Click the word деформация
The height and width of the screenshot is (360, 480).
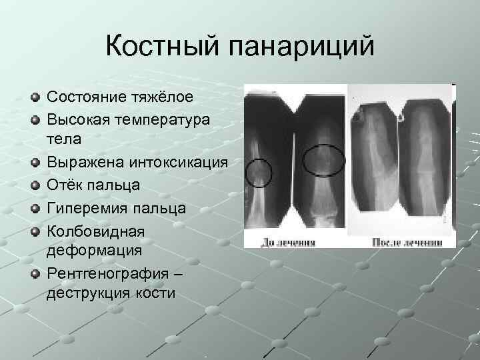pyautogui.click(x=94, y=250)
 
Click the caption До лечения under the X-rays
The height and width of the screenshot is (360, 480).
pyautogui.click(x=292, y=241)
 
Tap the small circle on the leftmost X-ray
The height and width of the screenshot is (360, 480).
pyautogui.click(x=258, y=173)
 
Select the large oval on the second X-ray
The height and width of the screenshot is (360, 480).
pyautogui.click(x=324, y=160)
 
